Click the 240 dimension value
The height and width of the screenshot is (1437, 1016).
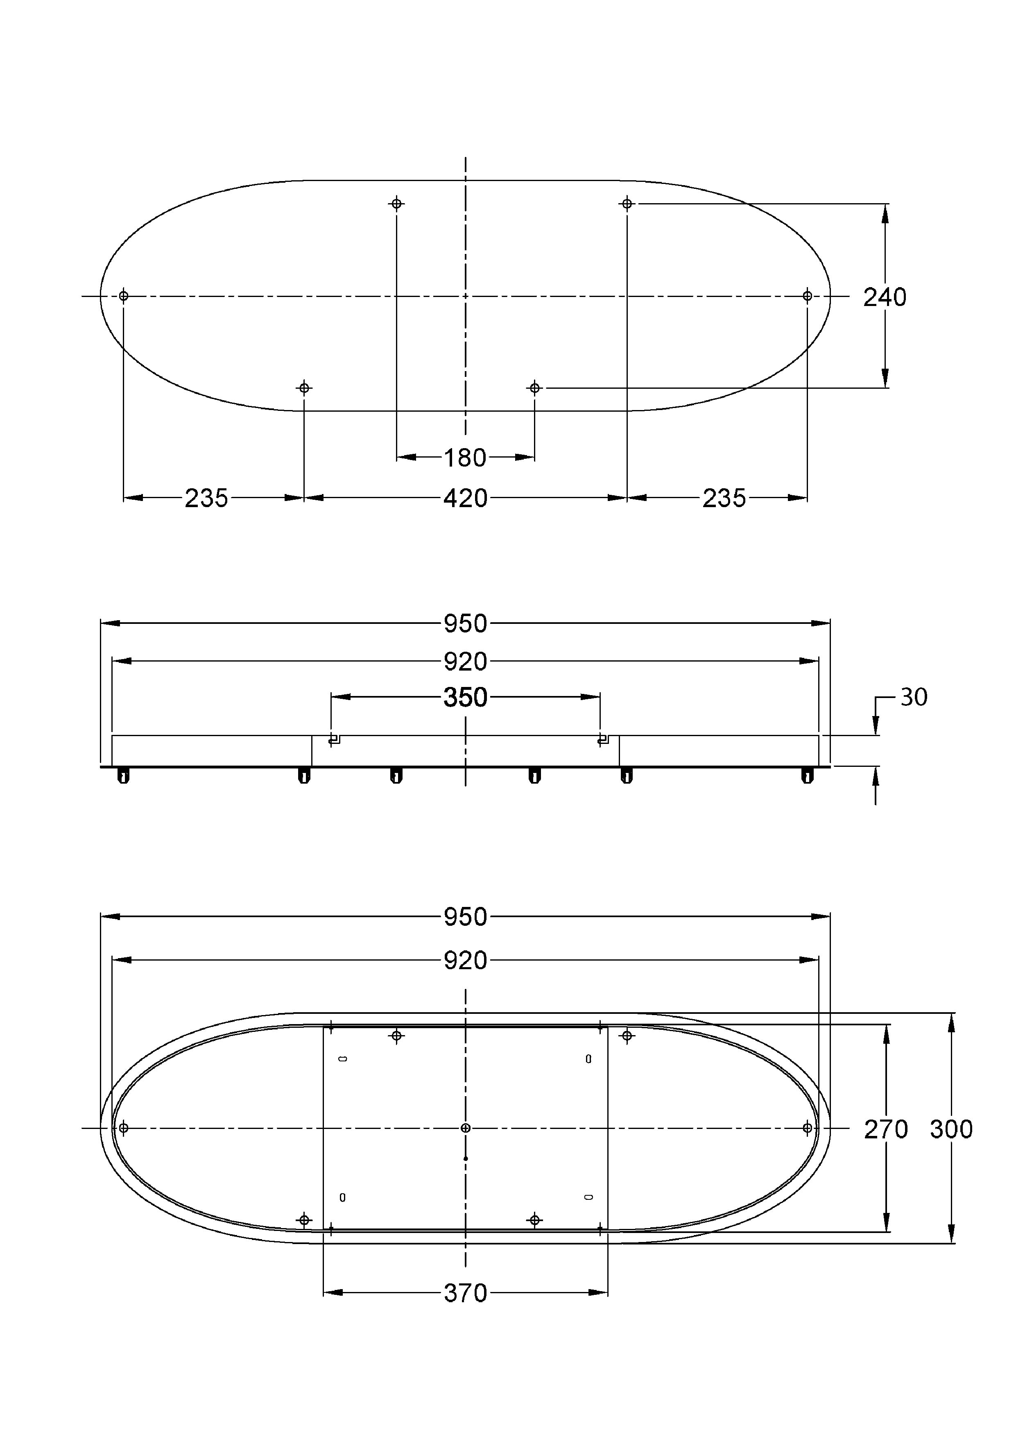[885, 297]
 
